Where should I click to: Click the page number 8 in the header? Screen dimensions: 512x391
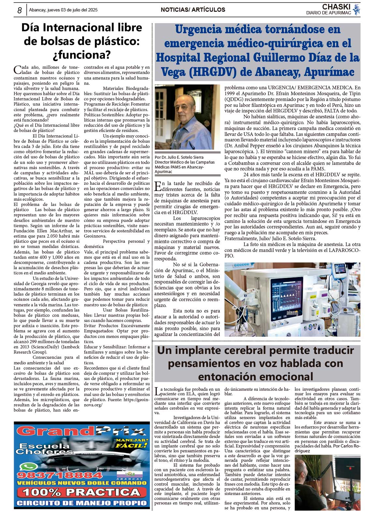[x=20, y=10]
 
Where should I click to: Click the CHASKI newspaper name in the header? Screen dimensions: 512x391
[x=336, y=7]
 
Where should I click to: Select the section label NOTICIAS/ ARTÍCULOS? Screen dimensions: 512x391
[x=193, y=10]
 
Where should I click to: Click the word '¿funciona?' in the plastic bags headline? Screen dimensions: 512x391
[x=82, y=55]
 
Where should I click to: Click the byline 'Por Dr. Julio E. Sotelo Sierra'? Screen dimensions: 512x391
[x=179, y=157]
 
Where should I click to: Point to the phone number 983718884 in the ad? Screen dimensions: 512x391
[x=55, y=475]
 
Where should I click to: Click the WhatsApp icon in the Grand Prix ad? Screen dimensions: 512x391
[x=25, y=467]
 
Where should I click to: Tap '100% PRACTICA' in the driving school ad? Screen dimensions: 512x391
[x=81, y=492]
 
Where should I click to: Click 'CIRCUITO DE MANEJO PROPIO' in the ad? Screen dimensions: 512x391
[x=82, y=503]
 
